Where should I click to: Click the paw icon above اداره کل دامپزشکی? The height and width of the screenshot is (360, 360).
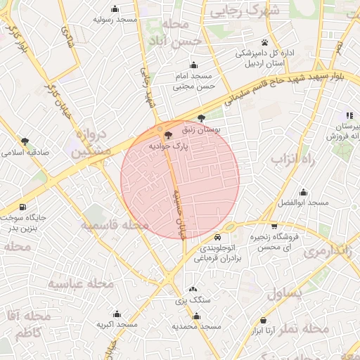pos(264,43)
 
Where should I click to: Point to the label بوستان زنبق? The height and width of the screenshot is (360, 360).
pos(202,129)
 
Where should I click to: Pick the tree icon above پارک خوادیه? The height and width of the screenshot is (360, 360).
pos(167,134)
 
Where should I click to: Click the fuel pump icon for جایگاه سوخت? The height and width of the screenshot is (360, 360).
pos(24,207)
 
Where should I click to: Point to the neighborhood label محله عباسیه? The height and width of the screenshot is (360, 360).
pos(80,283)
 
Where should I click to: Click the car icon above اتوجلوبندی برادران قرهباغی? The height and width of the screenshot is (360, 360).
pos(220,237)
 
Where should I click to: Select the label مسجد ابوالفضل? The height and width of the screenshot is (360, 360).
pos(303,202)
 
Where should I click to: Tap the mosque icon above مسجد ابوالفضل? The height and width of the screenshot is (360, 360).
pos(303,192)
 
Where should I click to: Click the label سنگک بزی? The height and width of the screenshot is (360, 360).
pos(193,300)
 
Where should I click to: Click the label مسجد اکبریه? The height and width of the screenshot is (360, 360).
pos(117,325)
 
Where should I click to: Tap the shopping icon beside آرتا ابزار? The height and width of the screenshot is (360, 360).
pos(263,320)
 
